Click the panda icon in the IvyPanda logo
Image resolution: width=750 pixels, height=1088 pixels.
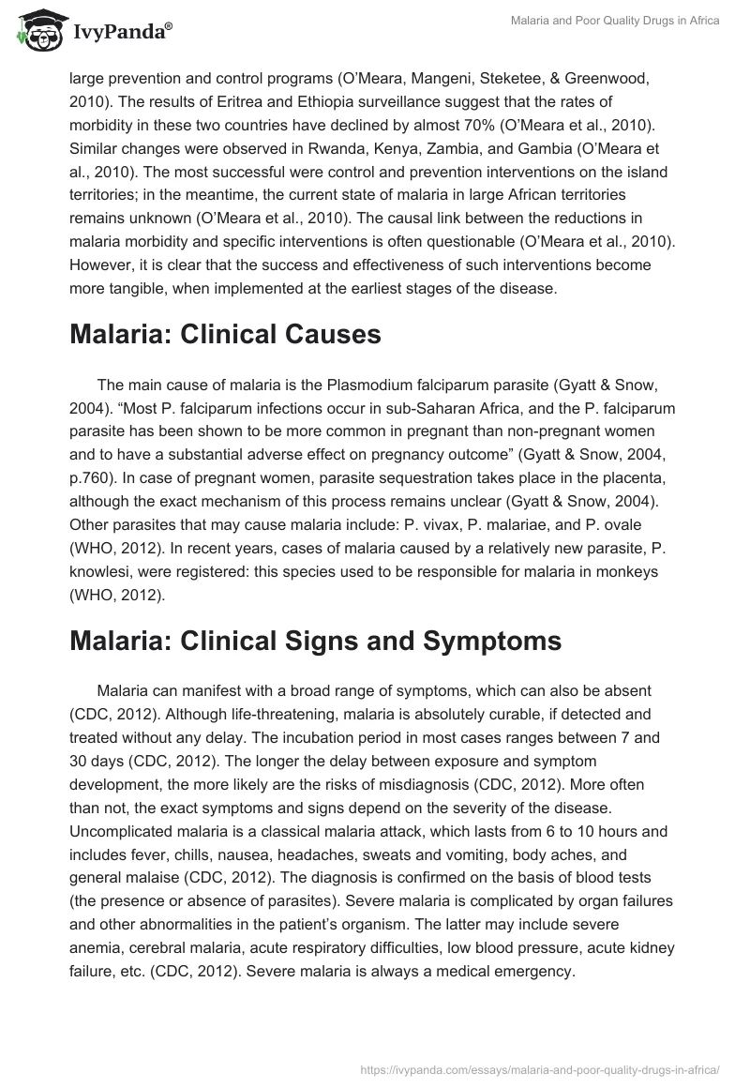pyautogui.click(x=35, y=32)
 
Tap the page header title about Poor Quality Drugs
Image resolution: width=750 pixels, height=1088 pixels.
pyautogui.click(x=614, y=21)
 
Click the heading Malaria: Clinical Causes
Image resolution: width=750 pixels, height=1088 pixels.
pyautogui.click(x=225, y=335)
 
